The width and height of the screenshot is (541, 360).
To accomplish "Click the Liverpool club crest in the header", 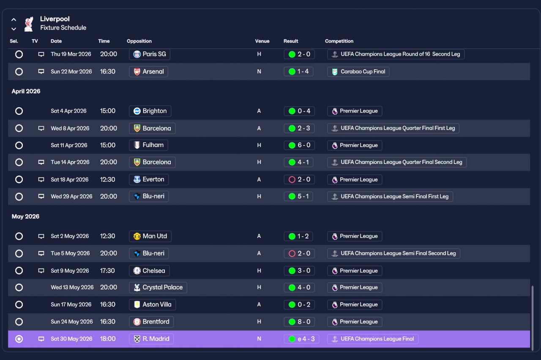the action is coord(29,24).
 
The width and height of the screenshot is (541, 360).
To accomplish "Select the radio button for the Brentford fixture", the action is coord(19,322).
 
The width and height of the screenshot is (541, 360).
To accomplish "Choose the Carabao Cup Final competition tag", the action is coord(358,71).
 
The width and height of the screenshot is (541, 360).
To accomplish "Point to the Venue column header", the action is coord(262,41).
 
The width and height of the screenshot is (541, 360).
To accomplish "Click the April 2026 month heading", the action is coord(26,91).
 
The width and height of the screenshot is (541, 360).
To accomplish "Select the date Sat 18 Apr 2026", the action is coord(70,180).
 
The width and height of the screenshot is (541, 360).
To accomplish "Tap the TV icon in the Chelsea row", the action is coord(41,270).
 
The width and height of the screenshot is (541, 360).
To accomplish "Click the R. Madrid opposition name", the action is coord(156,339).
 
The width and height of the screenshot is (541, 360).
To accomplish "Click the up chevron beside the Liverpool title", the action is coord(14,19).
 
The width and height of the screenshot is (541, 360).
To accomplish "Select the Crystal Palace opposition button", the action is coord(158,287).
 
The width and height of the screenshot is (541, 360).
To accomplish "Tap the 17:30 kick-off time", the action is coord(107,270).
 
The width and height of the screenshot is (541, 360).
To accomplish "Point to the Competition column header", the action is coord(339,41).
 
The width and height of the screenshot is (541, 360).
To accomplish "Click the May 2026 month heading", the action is coord(25,216).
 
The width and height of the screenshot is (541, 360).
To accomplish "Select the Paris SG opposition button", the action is coord(150,54).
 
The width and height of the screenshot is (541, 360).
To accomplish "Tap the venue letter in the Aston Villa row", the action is coord(259,305).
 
